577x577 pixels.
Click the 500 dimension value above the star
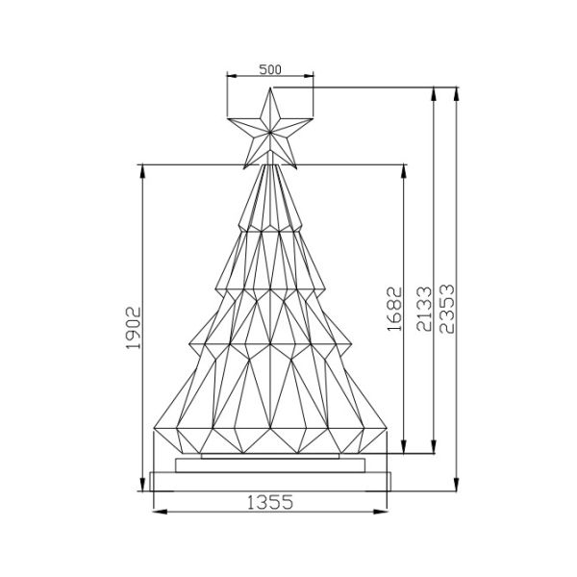(x=270, y=70)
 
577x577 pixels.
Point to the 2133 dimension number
(x=424, y=308)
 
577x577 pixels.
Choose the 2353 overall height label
(x=446, y=308)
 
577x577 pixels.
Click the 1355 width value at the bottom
(x=270, y=501)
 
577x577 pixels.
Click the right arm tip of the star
(x=314, y=121)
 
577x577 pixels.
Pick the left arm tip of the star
(x=227, y=121)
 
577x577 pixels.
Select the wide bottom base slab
(x=270, y=482)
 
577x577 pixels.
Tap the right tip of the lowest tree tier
(x=386, y=425)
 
